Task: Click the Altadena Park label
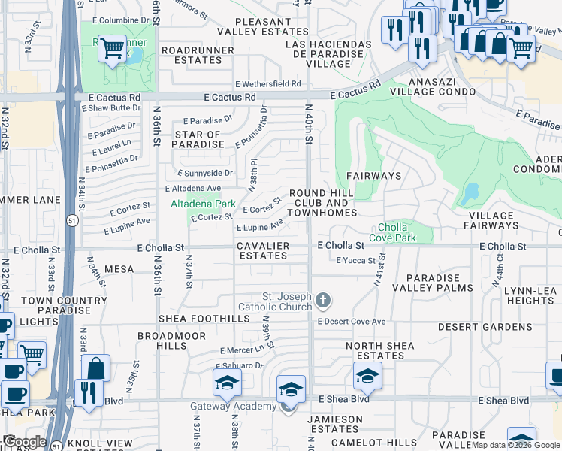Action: (204, 204)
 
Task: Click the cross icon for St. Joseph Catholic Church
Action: (323, 301)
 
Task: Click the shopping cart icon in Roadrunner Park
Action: (112, 50)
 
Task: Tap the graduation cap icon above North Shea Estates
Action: (367, 375)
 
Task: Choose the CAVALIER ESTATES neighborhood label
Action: (262, 250)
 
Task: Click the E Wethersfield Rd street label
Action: (267, 84)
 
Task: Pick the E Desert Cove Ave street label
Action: (351, 322)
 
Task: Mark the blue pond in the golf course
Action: (470, 193)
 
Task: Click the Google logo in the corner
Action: (24, 442)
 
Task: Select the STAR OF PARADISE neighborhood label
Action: (198, 139)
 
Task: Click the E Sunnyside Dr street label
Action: (207, 173)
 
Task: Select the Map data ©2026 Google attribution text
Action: (515, 445)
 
